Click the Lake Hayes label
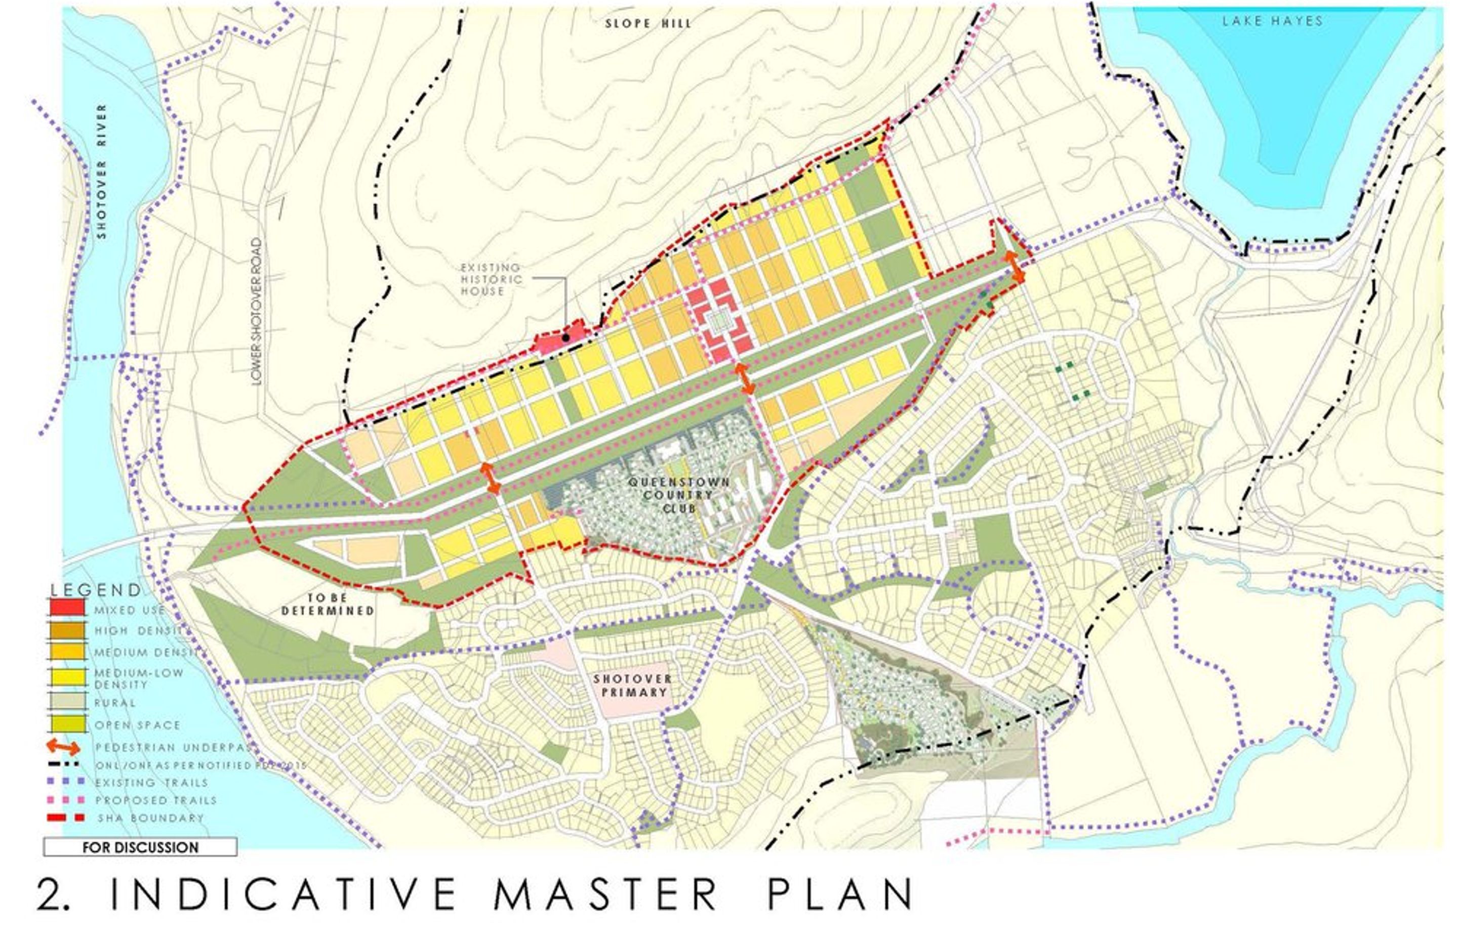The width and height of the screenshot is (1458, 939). pyautogui.click(x=1272, y=21)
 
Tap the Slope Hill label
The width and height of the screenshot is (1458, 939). pyautogui.click(x=648, y=24)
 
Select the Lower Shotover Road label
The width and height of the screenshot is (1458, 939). pyautogui.click(x=257, y=311)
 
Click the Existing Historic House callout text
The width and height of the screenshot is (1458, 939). pyautogui.click(x=491, y=279)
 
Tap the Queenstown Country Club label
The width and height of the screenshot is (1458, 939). pyautogui.click(x=678, y=494)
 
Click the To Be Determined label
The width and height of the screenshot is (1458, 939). pyautogui.click(x=328, y=604)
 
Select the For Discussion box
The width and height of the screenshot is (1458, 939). pyautogui.click(x=140, y=847)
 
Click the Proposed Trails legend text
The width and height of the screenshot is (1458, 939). pyautogui.click(x=155, y=800)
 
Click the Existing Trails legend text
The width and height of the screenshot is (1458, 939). pyautogui.click(x=151, y=782)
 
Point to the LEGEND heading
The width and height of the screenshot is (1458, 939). pyautogui.click(x=96, y=589)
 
